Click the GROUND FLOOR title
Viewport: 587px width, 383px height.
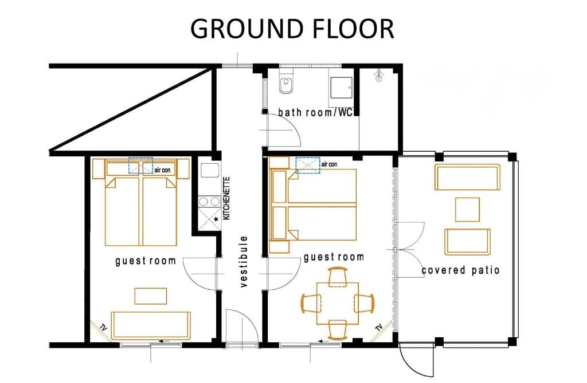pyautogui.click(x=292, y=29)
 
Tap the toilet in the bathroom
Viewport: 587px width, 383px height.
pyautogui.click(x=286, y=82)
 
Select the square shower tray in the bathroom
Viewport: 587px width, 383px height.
pyautogui.click(x=341, y=88)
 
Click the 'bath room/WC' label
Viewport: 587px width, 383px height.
pyautogui.click(x=316, y=112)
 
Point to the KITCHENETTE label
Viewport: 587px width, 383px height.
pyautogui.click(x=226, y=198)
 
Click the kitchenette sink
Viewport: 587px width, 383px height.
pyautogui.click(x=210, y=170)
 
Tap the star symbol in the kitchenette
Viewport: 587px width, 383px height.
pyautogui.click(x=216, y=219)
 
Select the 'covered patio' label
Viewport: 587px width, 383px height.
pyautogui.click(x=460, y=270)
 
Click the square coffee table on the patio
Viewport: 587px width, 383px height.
pyautogui.click(x=467, y=210)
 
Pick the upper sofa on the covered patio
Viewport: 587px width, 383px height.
pyautogui.click(x=467, y=177)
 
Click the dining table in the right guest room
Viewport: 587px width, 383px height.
pyautogui.click(x=338, y=303)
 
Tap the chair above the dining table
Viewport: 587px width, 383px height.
pyautogui.click(x=338, y=276)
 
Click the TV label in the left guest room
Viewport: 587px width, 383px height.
pyautogui.click(x=103, y=328)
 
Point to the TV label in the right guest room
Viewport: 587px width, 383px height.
pyautogui.click(x=379, y=327)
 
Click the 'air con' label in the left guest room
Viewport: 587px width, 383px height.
pyautogui.click(x=162, y=170)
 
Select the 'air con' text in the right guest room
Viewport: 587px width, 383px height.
pyautogui.click(x=329, y=164)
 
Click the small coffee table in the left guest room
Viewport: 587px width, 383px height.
pyautogui.click(x=151, y=296)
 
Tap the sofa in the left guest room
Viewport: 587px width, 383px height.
pyautogui.click(x=151, y=325)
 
